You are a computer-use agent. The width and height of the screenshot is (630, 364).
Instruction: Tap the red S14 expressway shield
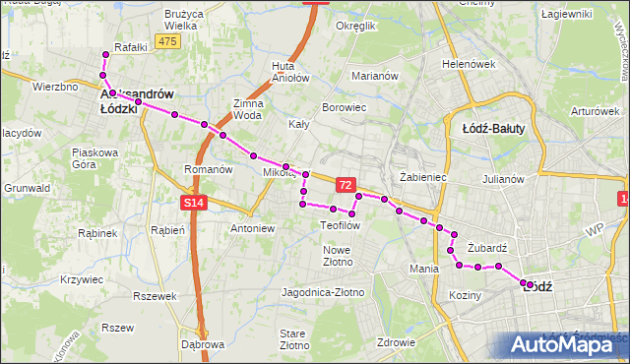[x=194, y=203]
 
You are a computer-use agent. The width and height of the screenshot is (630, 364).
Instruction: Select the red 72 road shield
[x=345, y=184]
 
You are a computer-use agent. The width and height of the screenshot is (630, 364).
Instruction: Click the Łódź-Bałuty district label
[x=493, y=128]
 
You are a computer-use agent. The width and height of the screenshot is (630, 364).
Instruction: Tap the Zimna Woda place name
[x=247, y=108]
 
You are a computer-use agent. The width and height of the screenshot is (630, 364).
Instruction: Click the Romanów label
[x=208, y=169]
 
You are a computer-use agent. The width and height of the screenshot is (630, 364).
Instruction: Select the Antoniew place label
[x=252, y=228]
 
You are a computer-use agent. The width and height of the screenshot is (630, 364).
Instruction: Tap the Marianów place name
[x=374, y=76]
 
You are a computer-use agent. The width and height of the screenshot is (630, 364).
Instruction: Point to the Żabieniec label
[x=424, y=178]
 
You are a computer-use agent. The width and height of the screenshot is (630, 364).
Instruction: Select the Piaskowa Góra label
[x=95, y=158]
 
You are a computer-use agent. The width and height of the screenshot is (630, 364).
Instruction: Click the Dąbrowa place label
[x=204, y=344]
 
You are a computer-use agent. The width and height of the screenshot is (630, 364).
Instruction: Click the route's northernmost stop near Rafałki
[x=106, y=53]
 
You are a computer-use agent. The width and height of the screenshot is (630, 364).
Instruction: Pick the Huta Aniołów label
[x=283, y=71]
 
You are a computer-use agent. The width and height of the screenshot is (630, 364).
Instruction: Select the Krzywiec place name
[x=82, y=279]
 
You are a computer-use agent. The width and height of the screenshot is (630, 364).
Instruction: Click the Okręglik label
[x=356, y=26]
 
